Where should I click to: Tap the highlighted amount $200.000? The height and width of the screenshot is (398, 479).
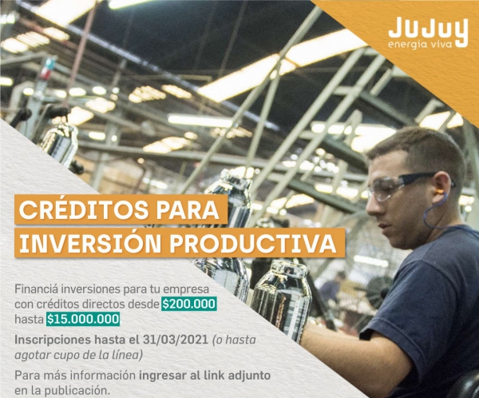(188, 304)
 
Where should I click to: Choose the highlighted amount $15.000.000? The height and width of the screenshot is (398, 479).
(83, 319)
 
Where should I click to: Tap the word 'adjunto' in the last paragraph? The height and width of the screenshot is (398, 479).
(247, 375)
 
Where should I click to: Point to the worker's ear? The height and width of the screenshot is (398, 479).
(445, 186)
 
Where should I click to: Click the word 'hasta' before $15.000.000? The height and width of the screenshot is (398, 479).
(28, 319)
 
